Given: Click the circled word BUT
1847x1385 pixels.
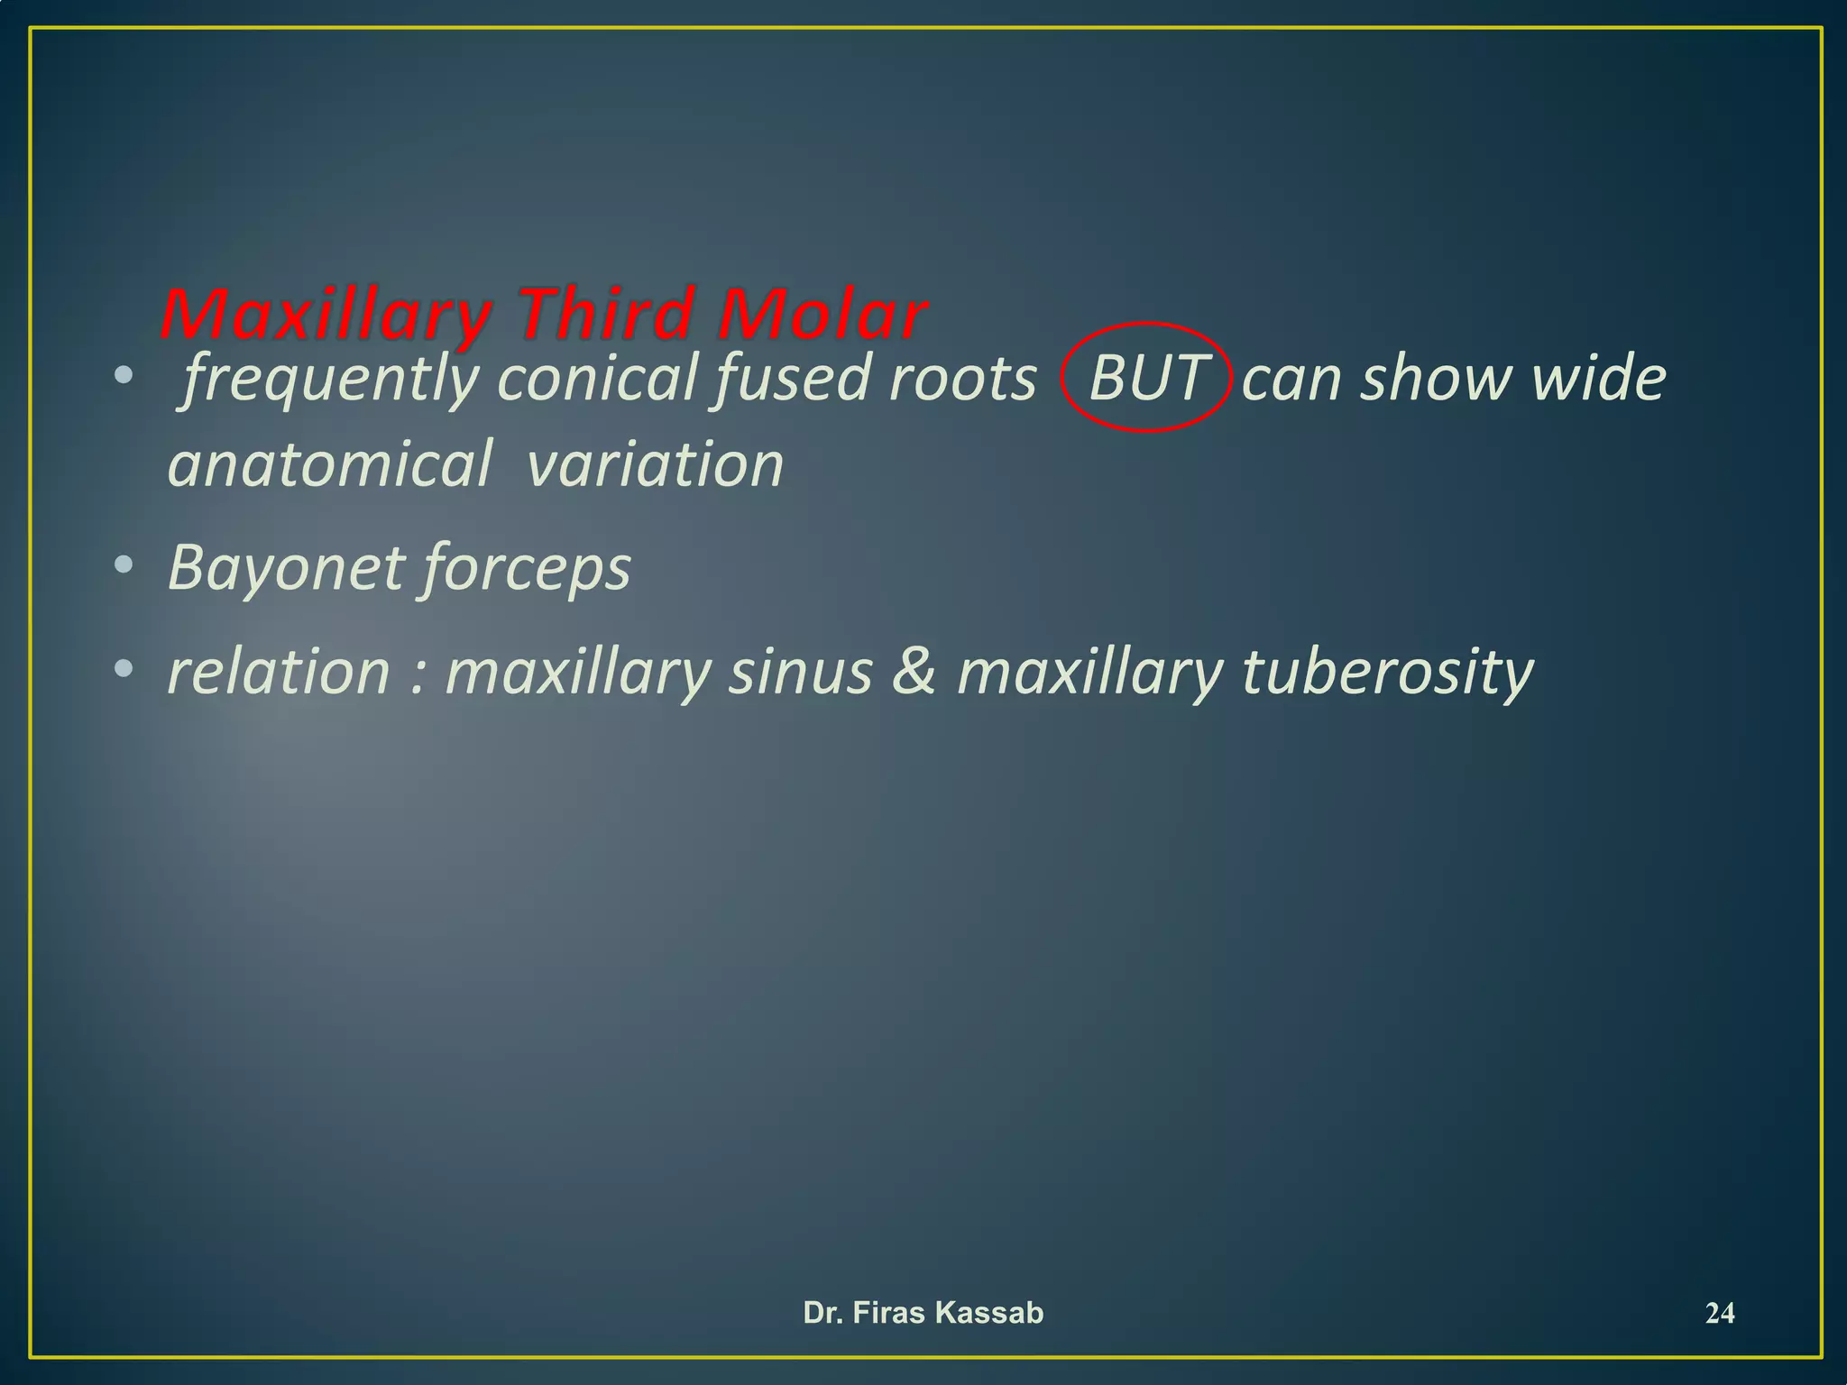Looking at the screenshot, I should (1146, 378).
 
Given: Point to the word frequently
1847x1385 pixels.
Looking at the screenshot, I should (330, 379).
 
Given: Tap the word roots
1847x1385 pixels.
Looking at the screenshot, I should (962, 379).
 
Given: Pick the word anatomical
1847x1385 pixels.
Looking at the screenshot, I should (330, 465).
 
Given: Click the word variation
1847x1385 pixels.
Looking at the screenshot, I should (655, 465).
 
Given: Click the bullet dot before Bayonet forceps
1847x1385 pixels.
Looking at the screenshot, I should (124, 566).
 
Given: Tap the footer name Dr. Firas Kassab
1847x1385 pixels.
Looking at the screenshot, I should (923, 1313).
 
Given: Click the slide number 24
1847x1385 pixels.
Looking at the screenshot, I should (1720, 1314).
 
